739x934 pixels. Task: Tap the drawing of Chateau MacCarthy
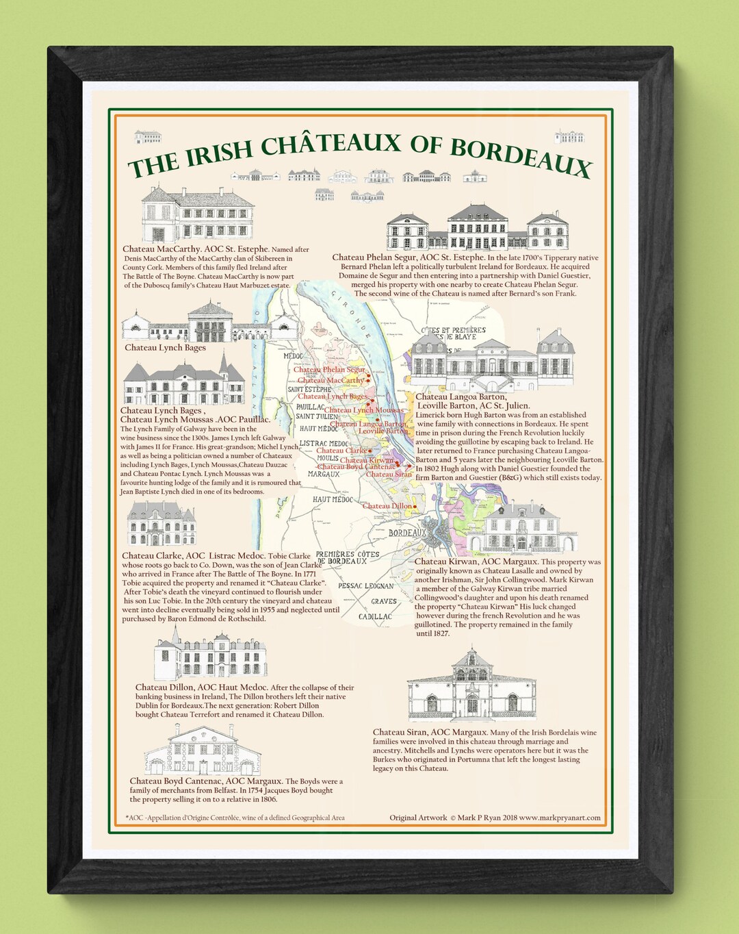(198, 215)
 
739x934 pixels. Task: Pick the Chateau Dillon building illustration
(211, 655)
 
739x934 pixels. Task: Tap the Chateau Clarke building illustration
(161, 525)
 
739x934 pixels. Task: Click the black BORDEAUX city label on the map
(407, 533)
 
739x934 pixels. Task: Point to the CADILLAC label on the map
(375, 616)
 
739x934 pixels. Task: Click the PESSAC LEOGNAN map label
(366, 586)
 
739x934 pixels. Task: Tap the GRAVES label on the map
(384, 601)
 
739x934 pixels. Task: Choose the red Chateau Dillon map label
(387, 506)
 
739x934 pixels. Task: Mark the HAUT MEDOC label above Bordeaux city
(333, 499)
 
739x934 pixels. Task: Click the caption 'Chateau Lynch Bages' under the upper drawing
(165, 348)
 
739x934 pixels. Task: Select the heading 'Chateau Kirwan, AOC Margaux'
(476, 561)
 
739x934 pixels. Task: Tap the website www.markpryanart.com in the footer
(560, 818)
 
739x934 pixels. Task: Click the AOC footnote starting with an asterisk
(235, 818)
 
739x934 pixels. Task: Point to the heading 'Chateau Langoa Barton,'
(461, 396)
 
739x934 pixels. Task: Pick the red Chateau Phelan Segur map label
(329, 369)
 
